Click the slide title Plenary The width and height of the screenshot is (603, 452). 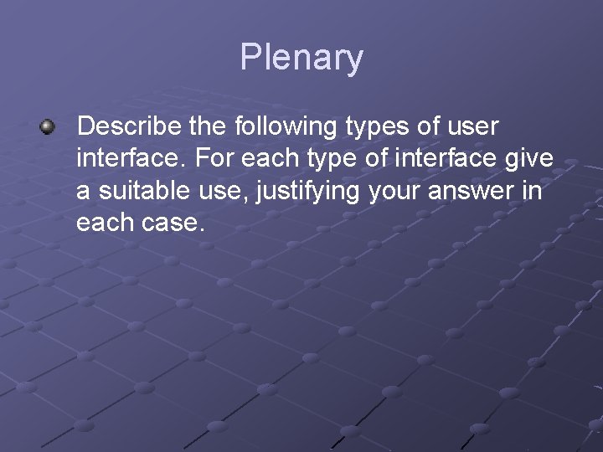[301, 58]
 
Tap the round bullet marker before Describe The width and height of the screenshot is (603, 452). [47, 127]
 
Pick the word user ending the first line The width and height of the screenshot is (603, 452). [471, 127]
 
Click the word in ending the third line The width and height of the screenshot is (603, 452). [532, 191]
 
